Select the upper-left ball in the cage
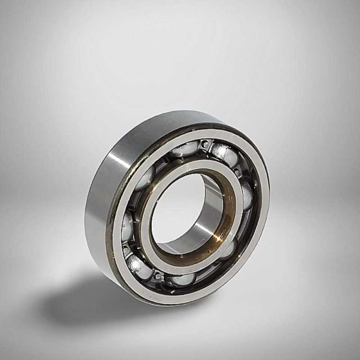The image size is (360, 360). coord(146,178)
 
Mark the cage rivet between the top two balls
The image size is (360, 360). coord(205,144)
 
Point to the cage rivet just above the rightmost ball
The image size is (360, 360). coord(237,172)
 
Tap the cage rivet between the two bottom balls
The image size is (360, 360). coord(158,275)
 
